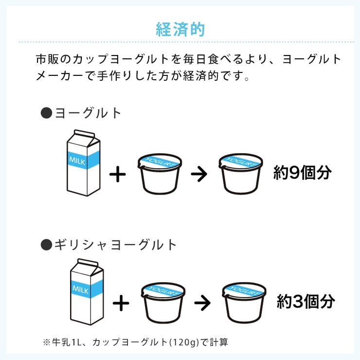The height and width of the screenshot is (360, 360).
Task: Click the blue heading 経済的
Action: coord(180,29)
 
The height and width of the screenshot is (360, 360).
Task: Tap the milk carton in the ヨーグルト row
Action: coord(84,163)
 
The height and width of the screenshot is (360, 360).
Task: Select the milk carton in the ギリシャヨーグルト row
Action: coord(87,292)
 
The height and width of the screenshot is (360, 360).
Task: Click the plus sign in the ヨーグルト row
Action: coord(118,174)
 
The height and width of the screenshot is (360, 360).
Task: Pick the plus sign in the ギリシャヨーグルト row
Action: coord(121,303)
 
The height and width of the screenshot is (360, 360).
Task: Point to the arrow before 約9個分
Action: coord(199,174)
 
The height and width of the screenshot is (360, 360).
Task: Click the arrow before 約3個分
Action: coord(202,303)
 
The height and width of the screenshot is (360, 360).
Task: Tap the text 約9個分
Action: coord(303,172)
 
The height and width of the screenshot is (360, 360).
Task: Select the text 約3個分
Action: coord(306,302)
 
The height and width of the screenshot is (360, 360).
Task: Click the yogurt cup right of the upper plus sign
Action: coord(160,174)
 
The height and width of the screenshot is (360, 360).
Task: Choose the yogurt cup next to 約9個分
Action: coord(241,174)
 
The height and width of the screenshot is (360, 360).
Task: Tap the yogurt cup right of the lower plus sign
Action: coord(163,303)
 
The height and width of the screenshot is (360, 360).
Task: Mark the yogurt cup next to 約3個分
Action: coord(244,303)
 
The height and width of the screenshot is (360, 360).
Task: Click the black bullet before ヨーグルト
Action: coord(46,113)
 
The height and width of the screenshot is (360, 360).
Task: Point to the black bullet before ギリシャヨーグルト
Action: coord(46,245)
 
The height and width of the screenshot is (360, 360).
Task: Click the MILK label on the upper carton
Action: coord(77,161)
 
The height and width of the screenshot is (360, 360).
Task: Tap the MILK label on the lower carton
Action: coord(80,289)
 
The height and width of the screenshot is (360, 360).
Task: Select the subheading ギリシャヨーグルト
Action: coord(116,245)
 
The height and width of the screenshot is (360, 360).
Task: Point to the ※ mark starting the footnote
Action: coord(47,342)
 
